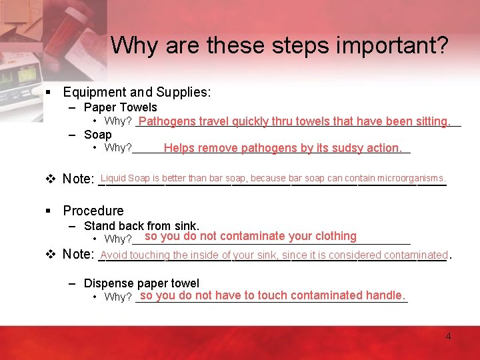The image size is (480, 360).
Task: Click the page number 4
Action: (x=448, y=336)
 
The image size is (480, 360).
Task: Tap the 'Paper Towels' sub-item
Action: (x=120, y=107)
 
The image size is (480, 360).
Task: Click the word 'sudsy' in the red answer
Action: (x=331, y=148)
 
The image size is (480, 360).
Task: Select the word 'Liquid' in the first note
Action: (x=113, y=178)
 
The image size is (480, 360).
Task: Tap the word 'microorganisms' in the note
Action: (x=411, y=178)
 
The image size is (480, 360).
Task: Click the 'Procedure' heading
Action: (x=93, y=211)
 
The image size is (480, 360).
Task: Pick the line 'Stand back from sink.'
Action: (x=141, y=226)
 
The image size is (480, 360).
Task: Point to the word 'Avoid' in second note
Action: (x=114, y=255)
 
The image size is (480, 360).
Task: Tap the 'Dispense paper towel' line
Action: (x=141, y=283)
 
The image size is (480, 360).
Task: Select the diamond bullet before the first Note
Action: (x=49, y=179)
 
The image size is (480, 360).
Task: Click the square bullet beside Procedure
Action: (x=49, y=211)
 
